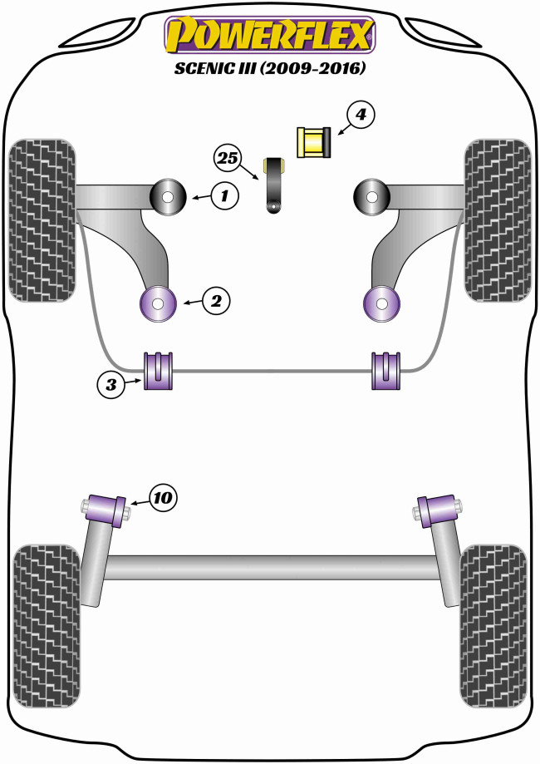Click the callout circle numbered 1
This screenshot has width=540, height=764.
pos(223,196)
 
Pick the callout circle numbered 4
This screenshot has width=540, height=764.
pos(359,116)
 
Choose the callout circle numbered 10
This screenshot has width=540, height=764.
pos(163,497)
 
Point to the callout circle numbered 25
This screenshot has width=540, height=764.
pos(227,156)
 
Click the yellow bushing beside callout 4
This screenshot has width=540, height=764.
pos(313,142)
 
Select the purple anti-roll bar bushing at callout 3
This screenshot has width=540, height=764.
pos(158,371)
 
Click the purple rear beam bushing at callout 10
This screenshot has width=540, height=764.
pos(106,506)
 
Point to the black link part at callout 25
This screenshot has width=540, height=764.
pos(275,187)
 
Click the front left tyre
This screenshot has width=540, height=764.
pos(41,220)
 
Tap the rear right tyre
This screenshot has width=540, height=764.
pos(493,625)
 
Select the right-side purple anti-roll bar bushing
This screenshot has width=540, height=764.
pos(387,371)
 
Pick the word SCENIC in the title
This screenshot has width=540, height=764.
pos(208,70)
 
